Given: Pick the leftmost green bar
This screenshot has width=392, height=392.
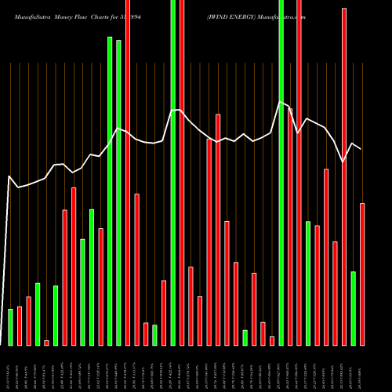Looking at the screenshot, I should point(10,327).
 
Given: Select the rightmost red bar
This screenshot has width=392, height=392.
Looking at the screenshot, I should point(362,274).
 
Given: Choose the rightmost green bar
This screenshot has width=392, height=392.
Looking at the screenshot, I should point(353,308).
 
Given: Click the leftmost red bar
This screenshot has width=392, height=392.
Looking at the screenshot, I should point(20,325).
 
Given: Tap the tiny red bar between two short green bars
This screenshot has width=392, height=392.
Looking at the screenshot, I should point(46,343).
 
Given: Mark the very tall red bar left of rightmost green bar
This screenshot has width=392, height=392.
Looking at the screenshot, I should point(344,176).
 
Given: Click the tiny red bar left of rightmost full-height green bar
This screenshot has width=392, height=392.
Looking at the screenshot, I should point(272,341).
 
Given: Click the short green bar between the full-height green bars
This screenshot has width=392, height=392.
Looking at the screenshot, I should point(154,335).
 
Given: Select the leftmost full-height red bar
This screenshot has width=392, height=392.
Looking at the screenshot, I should point(128,172).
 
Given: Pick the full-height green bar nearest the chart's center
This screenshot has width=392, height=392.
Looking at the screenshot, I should point(172,172).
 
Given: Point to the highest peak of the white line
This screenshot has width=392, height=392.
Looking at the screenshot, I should point(281,102).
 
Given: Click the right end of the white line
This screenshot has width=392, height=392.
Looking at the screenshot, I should point(361,149).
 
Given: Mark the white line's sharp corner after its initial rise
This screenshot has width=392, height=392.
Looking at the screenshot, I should point(9,176).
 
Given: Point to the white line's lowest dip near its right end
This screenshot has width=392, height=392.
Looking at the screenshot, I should point(343,162).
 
